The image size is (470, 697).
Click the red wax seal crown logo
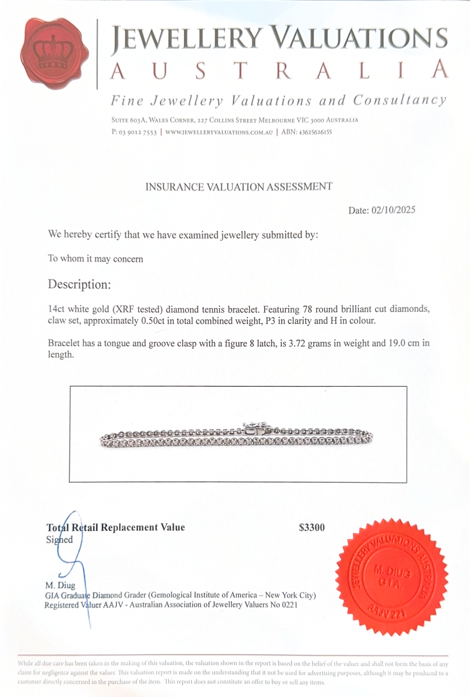54,53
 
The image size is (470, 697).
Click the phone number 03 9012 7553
138,132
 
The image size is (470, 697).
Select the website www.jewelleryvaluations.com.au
219,132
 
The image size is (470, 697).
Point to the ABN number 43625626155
315,132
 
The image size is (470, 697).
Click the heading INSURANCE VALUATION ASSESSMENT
239,187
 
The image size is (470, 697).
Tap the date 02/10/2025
393,210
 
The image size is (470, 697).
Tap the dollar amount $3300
312,527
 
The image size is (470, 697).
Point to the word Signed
59,540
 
